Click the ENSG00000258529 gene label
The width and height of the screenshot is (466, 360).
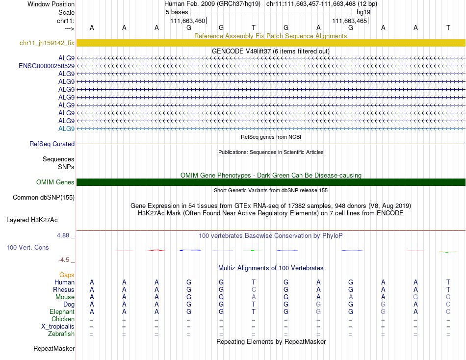click(47, 66)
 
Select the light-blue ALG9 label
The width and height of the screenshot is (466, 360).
click(66, 129)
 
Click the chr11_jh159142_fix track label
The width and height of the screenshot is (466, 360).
click(47, 43)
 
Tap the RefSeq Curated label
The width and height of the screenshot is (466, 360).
click(52, 144)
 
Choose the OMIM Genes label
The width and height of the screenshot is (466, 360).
click(55, 182)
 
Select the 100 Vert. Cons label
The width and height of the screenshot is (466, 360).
click(27, 248)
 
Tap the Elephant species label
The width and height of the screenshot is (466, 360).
click(62, 312)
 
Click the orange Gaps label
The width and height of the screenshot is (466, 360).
click(67, 275)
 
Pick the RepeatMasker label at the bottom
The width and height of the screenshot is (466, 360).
click(54, 349)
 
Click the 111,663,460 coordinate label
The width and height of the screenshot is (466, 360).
click(188, 21)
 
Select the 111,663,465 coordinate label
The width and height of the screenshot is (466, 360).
click(350, 21)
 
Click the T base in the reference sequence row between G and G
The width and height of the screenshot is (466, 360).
click(253, 27)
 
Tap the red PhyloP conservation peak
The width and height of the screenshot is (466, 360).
click(156, 250)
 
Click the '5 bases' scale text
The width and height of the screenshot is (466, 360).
click(177, 11)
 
